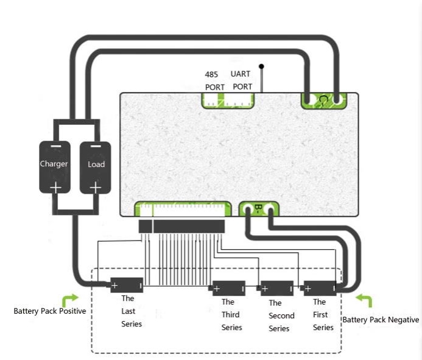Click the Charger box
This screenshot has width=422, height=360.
[55, 167]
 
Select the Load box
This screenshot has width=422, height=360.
[95, 168]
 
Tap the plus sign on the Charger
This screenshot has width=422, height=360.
[55, 188]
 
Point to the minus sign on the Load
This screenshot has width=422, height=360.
[96, 146]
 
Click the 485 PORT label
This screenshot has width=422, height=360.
[214, 81]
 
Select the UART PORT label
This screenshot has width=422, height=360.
[242, 80]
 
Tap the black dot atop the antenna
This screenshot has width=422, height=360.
[261, 66]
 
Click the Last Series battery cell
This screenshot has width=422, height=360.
[127, 285]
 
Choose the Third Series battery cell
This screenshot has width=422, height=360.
[229, 288]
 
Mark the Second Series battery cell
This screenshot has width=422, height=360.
[277, 288]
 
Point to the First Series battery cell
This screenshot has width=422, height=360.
[320, 288]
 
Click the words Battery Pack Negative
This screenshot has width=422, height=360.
[381, 320]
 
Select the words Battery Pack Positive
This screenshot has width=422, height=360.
[50, 311]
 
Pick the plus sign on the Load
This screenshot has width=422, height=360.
[96, 188]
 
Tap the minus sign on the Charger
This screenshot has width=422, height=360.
[55, 146]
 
